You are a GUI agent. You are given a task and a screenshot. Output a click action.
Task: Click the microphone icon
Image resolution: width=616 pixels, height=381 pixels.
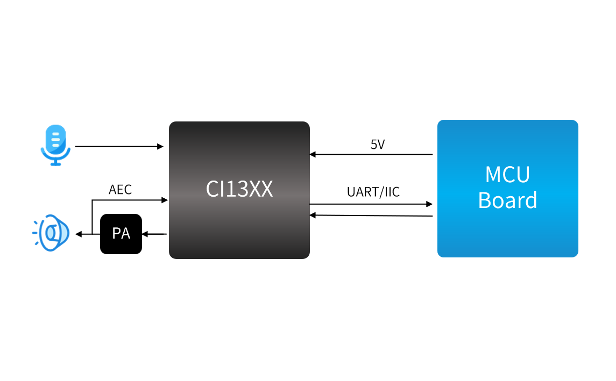pos(55,145)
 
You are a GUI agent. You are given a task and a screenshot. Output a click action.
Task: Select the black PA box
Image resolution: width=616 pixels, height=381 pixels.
pos(121,234)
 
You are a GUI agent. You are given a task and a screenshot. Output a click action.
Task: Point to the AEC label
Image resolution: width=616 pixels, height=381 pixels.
pos(120,190)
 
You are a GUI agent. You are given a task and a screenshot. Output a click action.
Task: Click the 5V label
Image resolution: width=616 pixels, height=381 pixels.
pos(378,145)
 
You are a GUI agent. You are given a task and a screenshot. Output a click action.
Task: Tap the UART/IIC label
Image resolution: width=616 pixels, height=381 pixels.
pos(373,192)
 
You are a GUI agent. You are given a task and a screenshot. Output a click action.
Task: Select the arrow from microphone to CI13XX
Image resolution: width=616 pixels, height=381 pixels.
pos(118,146)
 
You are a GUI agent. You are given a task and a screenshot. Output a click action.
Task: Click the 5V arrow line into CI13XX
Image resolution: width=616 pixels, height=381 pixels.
pos(371,154)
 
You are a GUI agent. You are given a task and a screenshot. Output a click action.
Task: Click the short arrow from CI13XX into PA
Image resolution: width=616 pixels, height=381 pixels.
pos(155,234)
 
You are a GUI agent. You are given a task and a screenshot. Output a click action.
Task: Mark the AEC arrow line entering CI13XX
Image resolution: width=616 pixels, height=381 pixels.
pos(129,200)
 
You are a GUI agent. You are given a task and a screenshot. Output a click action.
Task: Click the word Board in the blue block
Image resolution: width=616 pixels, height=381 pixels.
pos(507,200)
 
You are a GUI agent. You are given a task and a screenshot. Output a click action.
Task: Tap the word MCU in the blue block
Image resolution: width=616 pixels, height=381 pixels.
pos(507,175)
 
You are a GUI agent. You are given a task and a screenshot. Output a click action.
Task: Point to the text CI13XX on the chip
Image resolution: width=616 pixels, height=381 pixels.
pos(239,189)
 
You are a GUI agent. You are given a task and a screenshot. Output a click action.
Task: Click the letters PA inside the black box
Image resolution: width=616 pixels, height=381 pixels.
pos(121,234)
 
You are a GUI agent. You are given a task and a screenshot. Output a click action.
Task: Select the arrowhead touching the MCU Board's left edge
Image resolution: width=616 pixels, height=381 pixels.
pos(429,204)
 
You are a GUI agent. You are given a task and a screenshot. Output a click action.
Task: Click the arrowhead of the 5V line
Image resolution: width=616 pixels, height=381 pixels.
pos(313,154)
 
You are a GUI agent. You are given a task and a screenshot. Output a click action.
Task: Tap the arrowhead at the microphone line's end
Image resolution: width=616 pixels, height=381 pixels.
pos(160,146)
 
